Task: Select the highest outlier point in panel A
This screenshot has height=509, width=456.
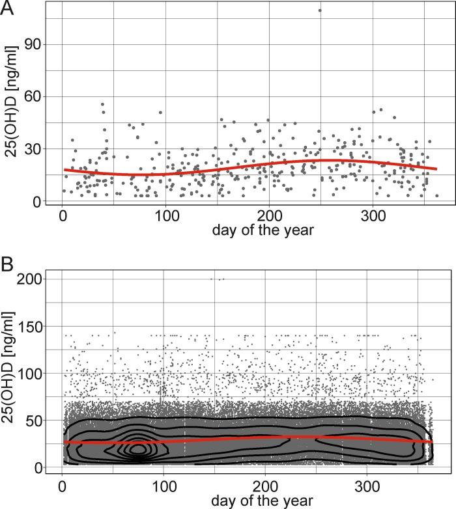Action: (319, 10)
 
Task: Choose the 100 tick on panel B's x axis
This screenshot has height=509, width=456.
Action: (164, 486)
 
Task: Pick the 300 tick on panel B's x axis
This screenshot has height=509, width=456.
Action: (367, 486)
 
